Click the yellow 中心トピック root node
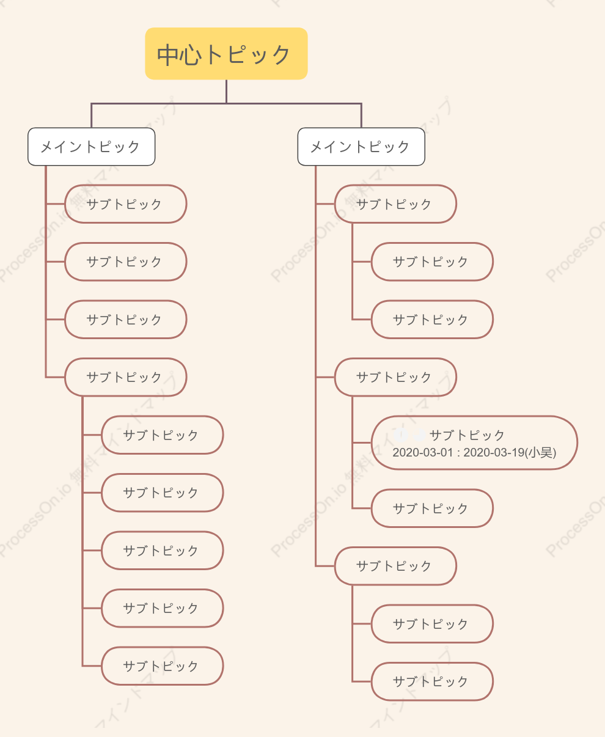tap(226, 53)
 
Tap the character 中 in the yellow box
tap(168, 55)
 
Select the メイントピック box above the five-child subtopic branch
tap(91, 147)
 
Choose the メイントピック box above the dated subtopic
tap(361, 147)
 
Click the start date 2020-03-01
tap(422, 452)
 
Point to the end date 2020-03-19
tap(494, 452)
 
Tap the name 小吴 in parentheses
tap(540, 452)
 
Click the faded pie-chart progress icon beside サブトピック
tap(419, 435)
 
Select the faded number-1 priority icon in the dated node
tap(401, 435)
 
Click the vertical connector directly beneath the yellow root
tap(226, 92)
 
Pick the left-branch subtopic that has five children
tap(125, 377)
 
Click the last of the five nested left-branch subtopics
tap(162, 665)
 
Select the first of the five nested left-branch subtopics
tap(162, 435)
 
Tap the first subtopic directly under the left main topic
tap(125, 204)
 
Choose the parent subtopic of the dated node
tap(395, 377)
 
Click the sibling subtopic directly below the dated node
tap(432, 508)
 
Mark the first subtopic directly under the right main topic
tap(395, 204)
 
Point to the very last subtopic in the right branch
tap(432, 681)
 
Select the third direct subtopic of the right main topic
tap(395, 566)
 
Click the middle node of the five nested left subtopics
tap(162, 551)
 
